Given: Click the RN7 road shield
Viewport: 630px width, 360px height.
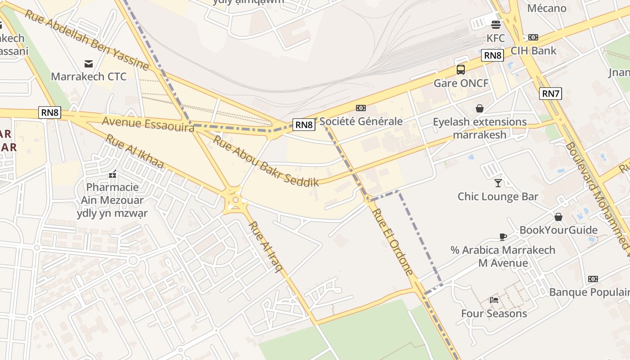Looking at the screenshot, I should click(x=550, y=94).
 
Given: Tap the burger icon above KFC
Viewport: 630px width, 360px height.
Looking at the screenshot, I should click(x=496, y=25).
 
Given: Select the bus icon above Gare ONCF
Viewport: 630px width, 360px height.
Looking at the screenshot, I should click(x=461, y=70).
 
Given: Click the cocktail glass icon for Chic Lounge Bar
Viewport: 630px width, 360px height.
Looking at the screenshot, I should click(x=498, y=183).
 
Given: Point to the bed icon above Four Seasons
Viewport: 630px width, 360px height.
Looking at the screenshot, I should click(x=494, y=300).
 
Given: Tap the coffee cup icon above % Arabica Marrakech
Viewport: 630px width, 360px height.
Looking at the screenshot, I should click(x=503, y=237).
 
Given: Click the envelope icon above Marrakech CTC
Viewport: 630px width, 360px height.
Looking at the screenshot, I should click(x=89, y=64).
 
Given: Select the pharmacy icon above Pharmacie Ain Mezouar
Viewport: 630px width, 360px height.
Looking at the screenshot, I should click(x=112, y=174).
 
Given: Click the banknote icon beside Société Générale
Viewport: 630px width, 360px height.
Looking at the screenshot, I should click(x=360, y=108).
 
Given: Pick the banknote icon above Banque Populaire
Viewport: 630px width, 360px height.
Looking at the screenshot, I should click(x=593, y=279).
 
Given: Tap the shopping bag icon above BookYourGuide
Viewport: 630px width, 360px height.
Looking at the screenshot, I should click(x=558, y=217).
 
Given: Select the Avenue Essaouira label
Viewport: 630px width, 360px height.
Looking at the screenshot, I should click(x=148, y=124).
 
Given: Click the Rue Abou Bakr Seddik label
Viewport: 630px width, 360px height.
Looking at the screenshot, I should click(x=265, y=161).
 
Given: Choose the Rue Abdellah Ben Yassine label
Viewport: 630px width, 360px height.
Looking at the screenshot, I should click(x=86, y=40).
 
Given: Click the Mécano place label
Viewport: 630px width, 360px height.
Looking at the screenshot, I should click(x=547, y=8).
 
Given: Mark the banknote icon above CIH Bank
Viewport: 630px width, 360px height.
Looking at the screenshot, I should click(x=533, y=37).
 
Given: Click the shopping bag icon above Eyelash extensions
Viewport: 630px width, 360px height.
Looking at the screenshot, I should click(x=480, y=108).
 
